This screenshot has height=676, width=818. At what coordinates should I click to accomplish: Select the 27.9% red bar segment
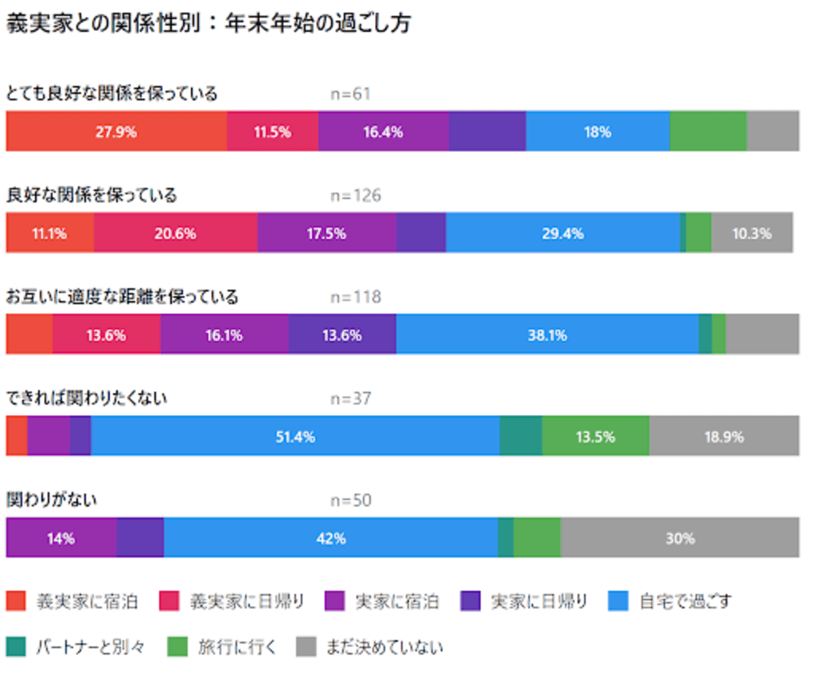click(x=116, y=131)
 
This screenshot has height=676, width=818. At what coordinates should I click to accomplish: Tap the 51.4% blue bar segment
click(x=295, y=436)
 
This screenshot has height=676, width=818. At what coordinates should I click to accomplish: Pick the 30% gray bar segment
click(x=680, y=537)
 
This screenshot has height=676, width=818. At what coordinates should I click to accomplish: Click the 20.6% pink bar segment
click(x=176, y=233)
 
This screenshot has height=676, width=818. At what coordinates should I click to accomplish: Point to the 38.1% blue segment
click(x=547, y=334)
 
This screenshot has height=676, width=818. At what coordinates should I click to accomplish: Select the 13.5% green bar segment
click(x=595, y=436)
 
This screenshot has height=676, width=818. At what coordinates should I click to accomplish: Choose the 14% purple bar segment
click(x=61, y=537)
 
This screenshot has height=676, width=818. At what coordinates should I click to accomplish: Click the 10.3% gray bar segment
click(x=752, y=233)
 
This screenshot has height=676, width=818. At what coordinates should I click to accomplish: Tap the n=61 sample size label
click(x=350, y=94)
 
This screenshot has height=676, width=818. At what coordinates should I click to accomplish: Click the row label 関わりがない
click(x=52, y=500)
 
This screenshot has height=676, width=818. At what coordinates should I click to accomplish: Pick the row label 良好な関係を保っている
click(x=92, y=195)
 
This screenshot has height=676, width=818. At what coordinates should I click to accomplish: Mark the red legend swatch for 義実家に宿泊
click(x=16, y=601)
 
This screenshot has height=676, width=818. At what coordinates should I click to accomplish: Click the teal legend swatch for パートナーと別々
click(x=16, y=646)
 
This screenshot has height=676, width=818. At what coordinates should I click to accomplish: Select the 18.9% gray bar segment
click(x=723, y=436)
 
